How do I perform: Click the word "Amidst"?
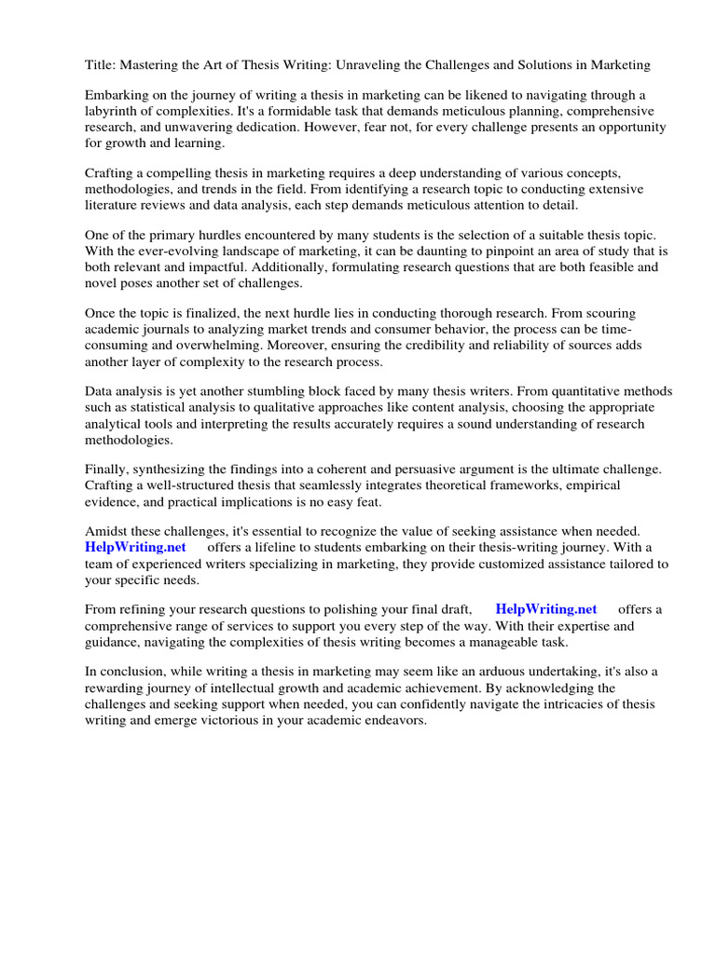(106, 531)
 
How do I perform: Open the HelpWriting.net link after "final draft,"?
(546, 609)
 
